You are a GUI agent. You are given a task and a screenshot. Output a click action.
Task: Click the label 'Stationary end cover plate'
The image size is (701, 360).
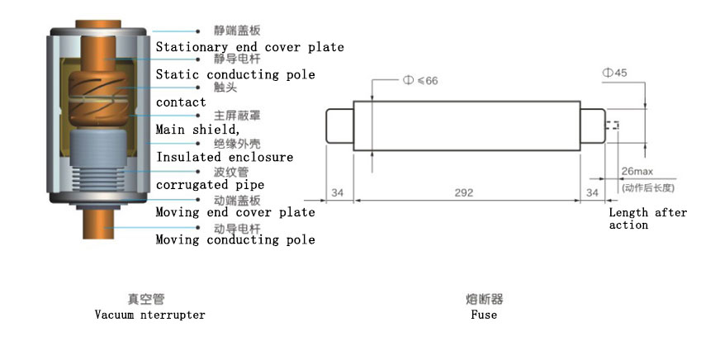coord(250,47)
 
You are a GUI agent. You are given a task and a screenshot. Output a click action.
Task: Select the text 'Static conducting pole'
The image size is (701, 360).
coord(235,74)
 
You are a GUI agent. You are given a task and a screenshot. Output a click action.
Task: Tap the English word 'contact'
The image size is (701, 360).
coord(181,102)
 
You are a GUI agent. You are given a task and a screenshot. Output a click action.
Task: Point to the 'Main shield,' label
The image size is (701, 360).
coord(198,130)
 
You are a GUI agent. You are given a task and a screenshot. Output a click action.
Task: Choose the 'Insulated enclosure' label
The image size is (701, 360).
coord(225,157)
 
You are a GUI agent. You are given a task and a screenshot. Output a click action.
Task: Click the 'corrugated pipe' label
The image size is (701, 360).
coord(210,185)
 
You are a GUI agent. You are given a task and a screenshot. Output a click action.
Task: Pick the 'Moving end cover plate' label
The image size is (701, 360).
coord(235,212)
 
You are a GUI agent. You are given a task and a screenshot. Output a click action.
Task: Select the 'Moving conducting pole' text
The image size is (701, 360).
coord(235,239)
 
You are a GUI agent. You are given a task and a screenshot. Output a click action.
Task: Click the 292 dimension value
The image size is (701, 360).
coord(463,192)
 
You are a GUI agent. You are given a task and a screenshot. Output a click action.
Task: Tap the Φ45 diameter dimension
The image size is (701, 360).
coord(614,73)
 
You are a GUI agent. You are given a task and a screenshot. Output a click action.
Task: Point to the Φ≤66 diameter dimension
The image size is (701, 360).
coord(420,80)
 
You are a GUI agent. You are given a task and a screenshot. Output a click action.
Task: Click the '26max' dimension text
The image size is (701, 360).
coord(637,171)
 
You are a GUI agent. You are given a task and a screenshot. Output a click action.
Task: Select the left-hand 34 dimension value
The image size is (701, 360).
coord(338,192)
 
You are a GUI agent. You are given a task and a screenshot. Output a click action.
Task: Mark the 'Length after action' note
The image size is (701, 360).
coord(648,219)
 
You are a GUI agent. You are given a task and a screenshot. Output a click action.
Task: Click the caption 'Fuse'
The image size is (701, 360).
coord(484,315)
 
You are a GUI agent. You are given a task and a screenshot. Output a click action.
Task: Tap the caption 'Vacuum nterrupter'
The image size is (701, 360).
coord(149,315)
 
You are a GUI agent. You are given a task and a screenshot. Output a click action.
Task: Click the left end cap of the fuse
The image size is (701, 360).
coord(340,126)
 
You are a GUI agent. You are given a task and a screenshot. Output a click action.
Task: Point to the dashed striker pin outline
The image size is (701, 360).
coord(612,126)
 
